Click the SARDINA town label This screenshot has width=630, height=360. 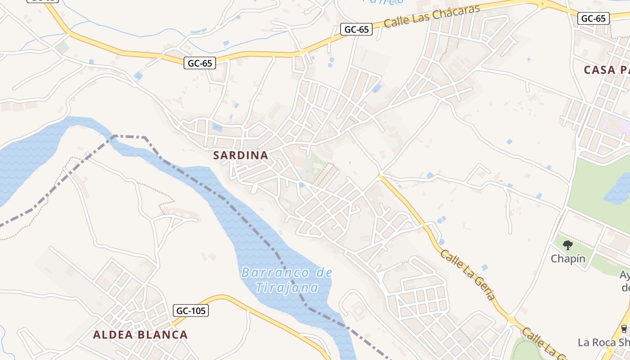[241, 156]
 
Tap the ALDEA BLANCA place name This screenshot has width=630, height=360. [140, 335]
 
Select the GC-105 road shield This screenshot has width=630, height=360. [191, 310]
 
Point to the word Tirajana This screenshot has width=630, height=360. [287, 287]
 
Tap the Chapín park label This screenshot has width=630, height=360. [568, 259]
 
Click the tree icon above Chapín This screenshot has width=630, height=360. [568, 245]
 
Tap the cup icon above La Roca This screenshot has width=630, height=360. [624, 328]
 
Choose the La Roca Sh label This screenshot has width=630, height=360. [603, 342]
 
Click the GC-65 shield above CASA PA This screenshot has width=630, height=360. [594, 18]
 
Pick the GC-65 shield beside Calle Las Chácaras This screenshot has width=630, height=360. [356, 30]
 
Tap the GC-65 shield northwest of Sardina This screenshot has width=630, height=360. [200, 63]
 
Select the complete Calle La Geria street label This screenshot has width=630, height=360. [468, 274]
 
